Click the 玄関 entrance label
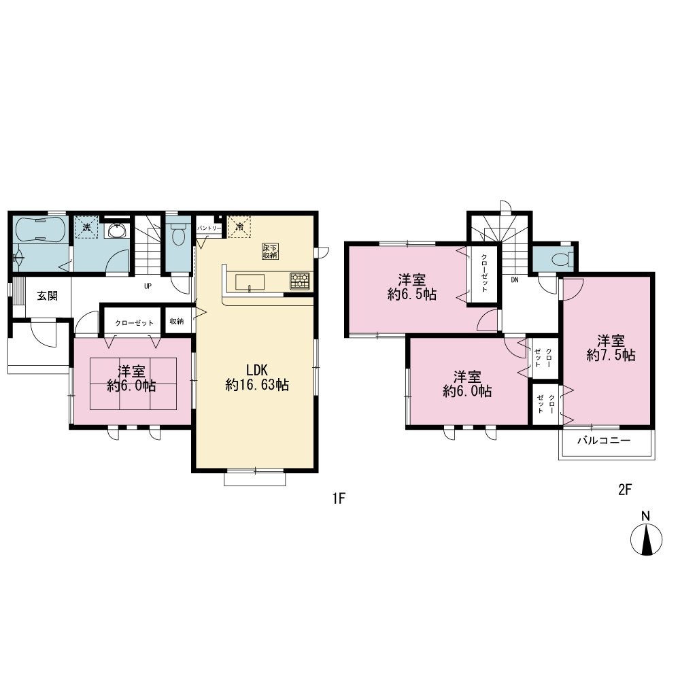point(48,296)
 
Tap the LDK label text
point(257,370)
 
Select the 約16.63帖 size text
point(257,385)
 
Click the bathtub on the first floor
point(40,229)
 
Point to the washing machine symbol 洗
point(87,227)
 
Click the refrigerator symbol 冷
point(239,226)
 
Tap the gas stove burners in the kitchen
point(300,281)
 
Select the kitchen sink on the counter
point(250,282)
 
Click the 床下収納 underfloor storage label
point(270,252)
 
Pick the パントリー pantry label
point(209,228)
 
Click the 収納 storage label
point(177,322)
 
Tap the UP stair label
point(148,286)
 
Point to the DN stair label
point(515,280)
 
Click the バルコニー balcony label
point(604,441)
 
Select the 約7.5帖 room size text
point(611,356)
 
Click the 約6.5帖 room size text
point(412,294)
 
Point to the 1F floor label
point(339,498)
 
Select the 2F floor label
point(624,490)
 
